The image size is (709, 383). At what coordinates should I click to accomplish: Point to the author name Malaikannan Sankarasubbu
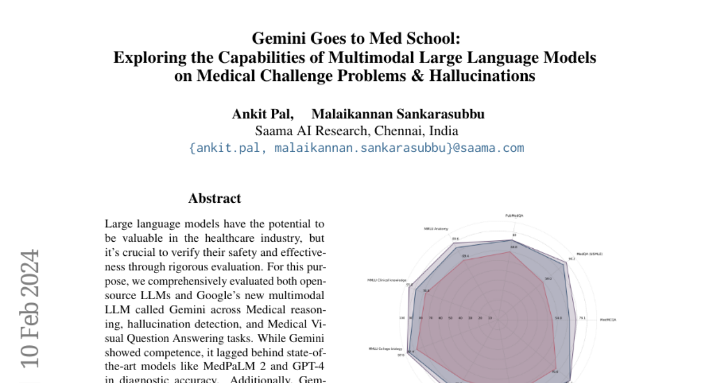(398, 114)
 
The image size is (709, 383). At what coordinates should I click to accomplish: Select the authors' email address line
(356, 148)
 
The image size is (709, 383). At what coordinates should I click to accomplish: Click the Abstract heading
(214, 199)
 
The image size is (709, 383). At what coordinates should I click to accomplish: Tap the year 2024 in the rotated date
(30, 277)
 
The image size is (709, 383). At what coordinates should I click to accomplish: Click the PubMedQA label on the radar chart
(513, 216)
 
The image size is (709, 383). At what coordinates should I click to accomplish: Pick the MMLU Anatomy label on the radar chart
(435, 228)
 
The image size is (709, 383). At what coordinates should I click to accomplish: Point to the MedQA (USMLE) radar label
(588, 254)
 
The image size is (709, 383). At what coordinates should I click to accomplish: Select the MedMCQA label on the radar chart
(608, 319)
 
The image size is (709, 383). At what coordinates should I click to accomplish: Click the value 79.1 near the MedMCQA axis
(582, 318)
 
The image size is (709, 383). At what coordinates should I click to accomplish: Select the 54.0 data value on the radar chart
(558, 318)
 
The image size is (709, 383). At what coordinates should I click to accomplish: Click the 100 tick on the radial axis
(402, 318)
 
